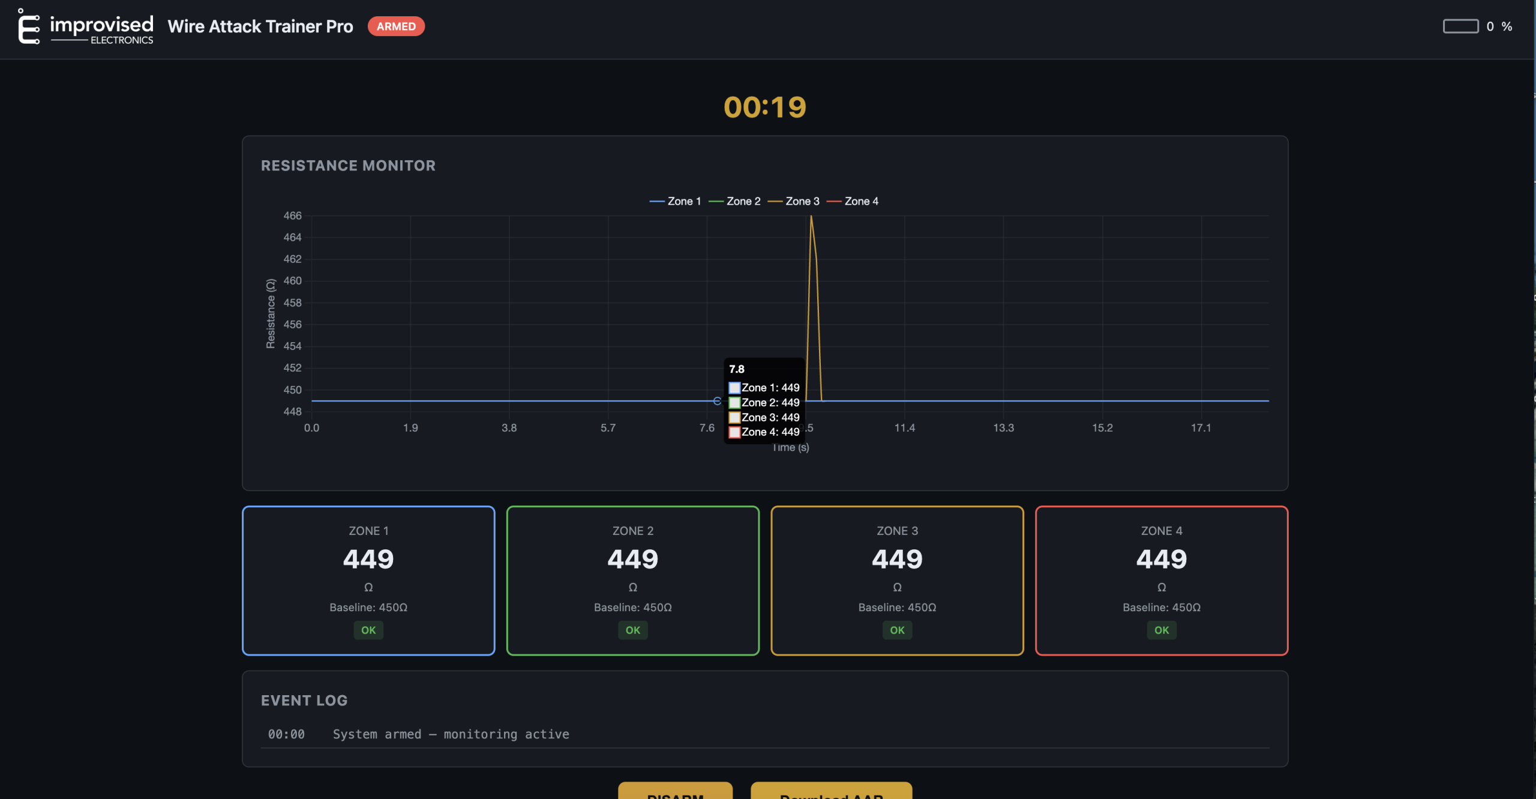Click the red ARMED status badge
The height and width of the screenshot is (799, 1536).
click(396, 26)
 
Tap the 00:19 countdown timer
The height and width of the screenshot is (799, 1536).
click(765, 107)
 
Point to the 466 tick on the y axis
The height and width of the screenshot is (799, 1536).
click(292, 216)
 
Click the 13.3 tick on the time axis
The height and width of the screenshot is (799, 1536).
click(1003, 428)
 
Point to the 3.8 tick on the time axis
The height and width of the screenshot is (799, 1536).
click(509, 428)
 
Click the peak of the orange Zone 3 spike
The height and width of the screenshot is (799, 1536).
click(811, 217)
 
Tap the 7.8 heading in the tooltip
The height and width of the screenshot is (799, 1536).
click(737, 369)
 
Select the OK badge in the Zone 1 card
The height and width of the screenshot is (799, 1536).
click(368, 630)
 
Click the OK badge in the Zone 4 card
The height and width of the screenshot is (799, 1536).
click(1162, 630)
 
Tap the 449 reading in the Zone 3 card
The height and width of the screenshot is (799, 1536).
click(897, 559)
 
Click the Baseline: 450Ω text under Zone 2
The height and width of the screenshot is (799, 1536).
click(632, 608)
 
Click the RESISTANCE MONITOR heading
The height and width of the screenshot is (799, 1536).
click(348, 166)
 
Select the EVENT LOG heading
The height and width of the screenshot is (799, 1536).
click(304, 701)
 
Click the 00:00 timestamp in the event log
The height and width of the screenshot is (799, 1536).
click(286, 734)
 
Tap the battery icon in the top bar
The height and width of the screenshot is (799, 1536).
click(1460, 26)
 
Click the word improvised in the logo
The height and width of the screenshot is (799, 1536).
click(101, 25)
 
